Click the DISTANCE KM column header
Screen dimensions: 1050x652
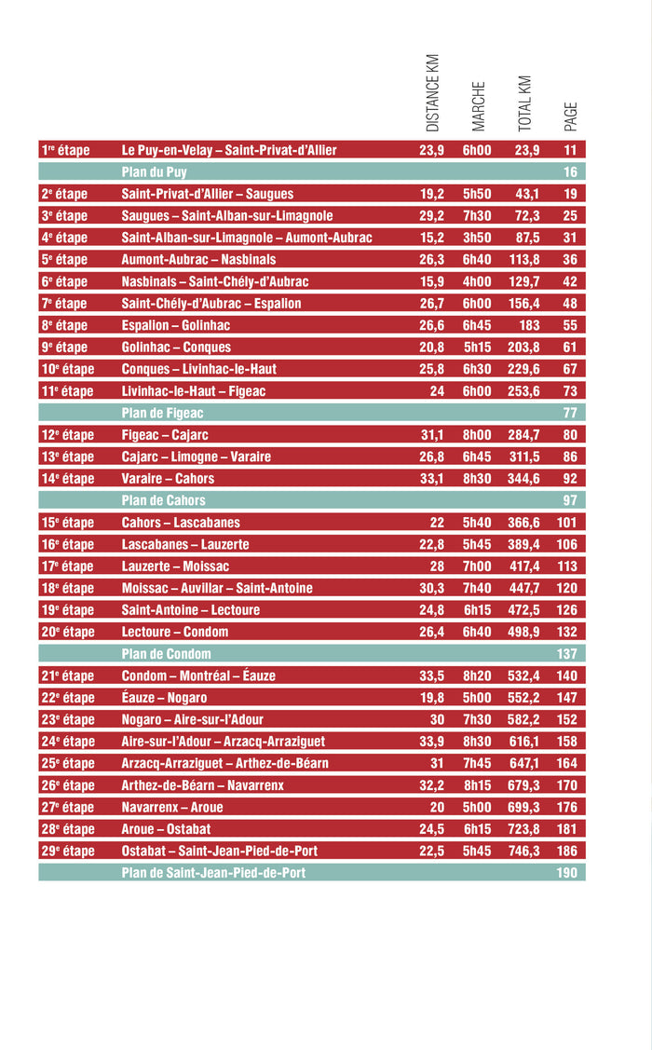(432, 93)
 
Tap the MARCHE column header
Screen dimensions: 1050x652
(479, 106)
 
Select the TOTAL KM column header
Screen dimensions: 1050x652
(524, 102)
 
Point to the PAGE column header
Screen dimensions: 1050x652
(571, 116)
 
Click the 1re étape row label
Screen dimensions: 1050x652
(65, 150)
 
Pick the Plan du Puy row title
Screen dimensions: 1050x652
(154, 172)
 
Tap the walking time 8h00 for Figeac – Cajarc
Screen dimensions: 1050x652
(477, 435)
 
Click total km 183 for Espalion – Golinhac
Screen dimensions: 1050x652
(529, 325)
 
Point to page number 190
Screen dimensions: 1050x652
(567, 873)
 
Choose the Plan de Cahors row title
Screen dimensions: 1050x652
(164, 500)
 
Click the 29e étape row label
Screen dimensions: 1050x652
(68, 851)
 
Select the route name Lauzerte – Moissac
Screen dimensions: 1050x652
(175, 566)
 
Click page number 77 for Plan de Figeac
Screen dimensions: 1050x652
(570, 413)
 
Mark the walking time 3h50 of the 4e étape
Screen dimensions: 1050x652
(477, 238)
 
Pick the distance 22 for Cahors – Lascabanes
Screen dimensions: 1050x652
(436, 523)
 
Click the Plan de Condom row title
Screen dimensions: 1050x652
(167, 654)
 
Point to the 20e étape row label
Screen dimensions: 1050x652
(68, 632)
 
